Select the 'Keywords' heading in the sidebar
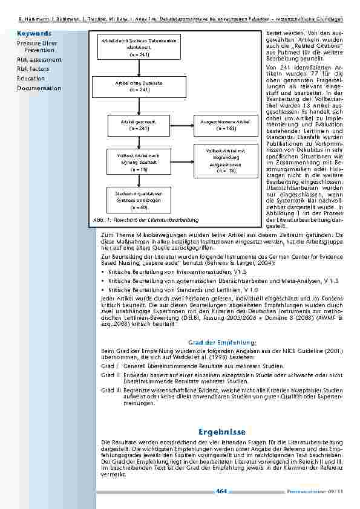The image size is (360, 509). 34,34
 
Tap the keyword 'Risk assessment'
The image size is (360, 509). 39,60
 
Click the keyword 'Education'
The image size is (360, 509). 31,79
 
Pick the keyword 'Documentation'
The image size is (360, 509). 39,88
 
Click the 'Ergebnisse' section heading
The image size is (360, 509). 221,432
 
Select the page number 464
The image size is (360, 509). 221,491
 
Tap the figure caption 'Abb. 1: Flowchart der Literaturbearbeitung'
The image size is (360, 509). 146,218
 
